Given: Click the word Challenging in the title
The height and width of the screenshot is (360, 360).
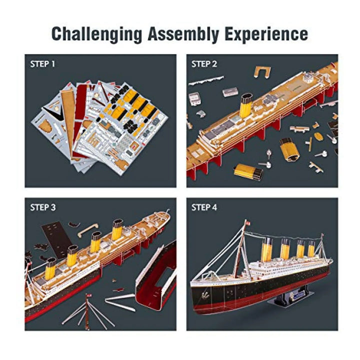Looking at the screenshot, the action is (x=96, y=34).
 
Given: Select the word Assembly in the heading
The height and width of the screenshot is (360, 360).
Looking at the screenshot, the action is (x=183, y=34).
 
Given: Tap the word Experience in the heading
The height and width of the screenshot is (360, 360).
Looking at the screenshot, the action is (x=266, y=34).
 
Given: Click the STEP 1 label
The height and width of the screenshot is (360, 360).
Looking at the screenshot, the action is (x=42, y=64).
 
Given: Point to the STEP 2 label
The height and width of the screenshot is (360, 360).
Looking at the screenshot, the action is (x=204, y=64).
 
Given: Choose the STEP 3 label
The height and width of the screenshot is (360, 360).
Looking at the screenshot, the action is (x=43, y=207).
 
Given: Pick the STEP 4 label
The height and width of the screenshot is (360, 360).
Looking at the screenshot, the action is (x=204, y=207).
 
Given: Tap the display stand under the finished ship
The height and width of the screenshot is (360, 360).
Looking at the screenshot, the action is (x=290, y=296).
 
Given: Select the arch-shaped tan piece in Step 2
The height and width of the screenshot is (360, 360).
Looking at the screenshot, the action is (x=262, y=72).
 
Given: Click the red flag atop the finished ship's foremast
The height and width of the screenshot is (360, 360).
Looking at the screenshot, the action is (x=247, y=222).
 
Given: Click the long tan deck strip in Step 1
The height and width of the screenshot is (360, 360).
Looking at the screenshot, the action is (x=69, y=119).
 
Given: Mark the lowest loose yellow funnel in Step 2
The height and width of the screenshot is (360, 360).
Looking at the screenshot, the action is (x=248, y=172).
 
